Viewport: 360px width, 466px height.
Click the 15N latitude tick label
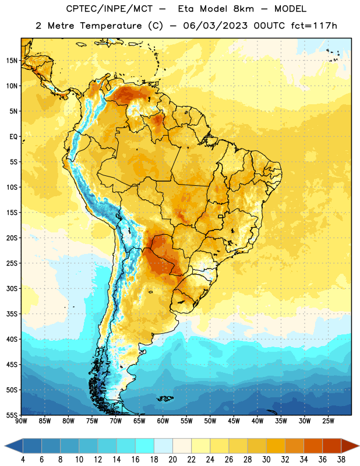coord(12,61)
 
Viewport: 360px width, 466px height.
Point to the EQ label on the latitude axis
coord(13,137)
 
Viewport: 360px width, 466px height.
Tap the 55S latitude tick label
coord(12,415)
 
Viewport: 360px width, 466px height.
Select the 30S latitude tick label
coord(12,288)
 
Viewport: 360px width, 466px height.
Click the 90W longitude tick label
coord(21,421)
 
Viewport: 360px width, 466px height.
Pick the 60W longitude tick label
coord(163,421)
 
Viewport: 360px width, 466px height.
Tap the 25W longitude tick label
coord(328,421)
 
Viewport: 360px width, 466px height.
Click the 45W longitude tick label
coord(234,421)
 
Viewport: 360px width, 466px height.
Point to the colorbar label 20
coord(172,460)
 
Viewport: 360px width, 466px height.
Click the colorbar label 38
coord(341,460)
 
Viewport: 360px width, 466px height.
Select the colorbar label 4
coord(23,460)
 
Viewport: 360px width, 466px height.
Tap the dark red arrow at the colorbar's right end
coord(350,446)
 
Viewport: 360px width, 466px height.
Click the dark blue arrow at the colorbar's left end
coord(14,446)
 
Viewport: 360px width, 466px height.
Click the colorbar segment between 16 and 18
coord(145,446)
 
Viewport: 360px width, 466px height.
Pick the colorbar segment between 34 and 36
coord(313,446)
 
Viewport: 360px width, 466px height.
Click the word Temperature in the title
coord(111,26)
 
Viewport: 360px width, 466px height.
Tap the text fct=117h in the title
coord(314,26)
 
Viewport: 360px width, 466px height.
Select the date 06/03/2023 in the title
coord(215,26)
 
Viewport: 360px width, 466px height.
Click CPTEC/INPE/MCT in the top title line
coord(109,9)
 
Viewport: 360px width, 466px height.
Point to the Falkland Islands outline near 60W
coord(165,398)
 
